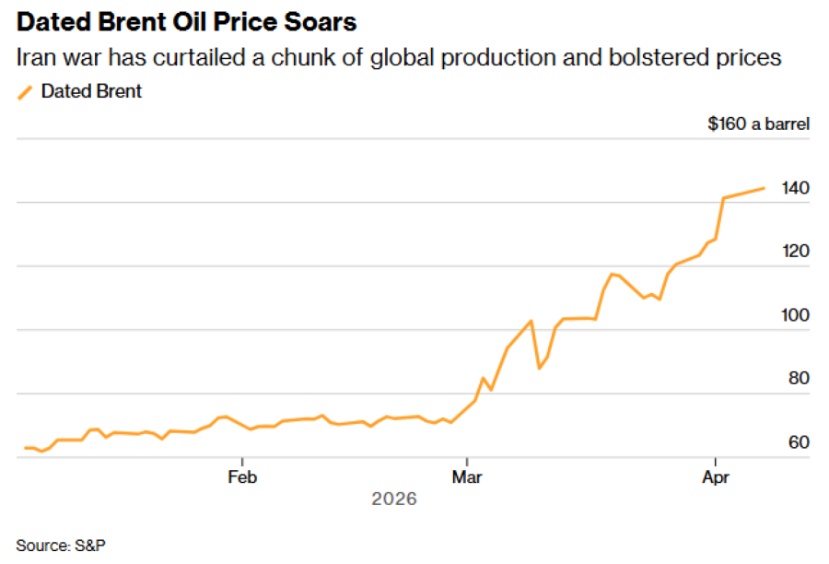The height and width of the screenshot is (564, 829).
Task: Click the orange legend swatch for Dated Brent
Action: tap(25, 91)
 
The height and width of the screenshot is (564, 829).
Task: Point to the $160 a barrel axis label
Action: tap(758, 123)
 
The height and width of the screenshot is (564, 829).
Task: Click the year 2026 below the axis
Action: tap(394, 499)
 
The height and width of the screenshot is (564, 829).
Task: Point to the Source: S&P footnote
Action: tap(61, 545)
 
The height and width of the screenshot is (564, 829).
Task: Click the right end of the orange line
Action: tap(765, 188)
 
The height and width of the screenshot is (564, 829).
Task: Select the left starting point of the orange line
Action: tap(26, 448)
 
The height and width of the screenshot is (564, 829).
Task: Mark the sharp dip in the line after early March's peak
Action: tap(540, 369)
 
